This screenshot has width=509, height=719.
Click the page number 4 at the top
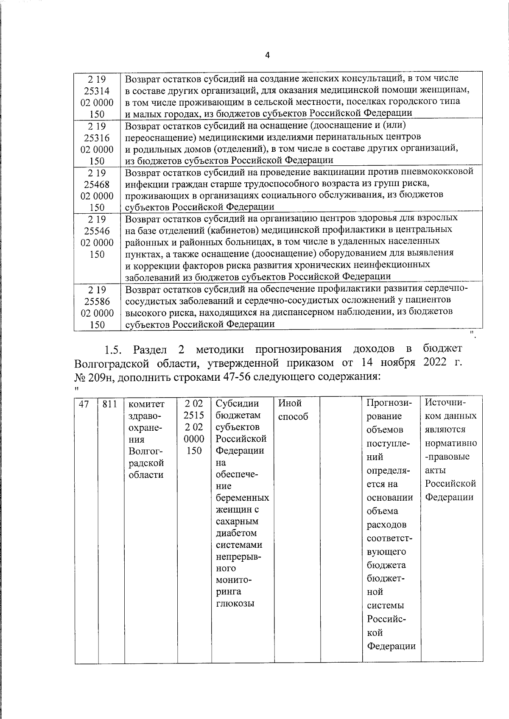coord(267,56)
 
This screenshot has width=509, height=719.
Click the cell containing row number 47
coord(84,404)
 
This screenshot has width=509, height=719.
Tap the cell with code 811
coord(110,404)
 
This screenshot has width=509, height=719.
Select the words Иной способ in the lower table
coord(293,410)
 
